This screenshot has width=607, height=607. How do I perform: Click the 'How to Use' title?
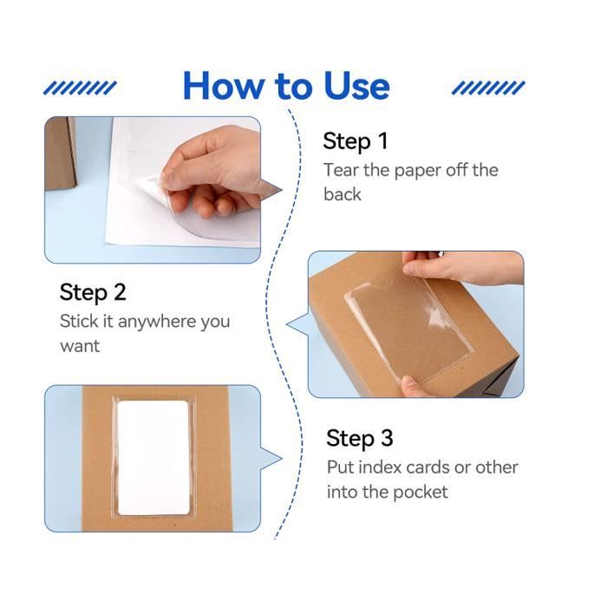pos(286,86)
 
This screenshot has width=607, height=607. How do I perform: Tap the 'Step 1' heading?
pos(356,140)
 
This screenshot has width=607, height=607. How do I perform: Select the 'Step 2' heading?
pos(93,292)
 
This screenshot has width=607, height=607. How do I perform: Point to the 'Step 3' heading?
pos(360,438)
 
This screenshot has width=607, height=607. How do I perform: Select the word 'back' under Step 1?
pos(343,194)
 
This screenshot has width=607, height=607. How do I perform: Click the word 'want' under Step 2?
pos(80,346)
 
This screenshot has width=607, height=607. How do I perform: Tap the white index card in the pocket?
pos(153,458)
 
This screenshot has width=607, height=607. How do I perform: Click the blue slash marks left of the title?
pos(80,88)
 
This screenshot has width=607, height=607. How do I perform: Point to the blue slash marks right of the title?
pos(488,88)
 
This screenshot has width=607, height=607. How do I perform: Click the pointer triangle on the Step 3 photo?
pos(271,459)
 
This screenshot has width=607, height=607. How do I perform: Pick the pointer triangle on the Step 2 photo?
pos(298,324)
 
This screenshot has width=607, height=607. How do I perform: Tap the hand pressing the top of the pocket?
pos(460,267)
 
